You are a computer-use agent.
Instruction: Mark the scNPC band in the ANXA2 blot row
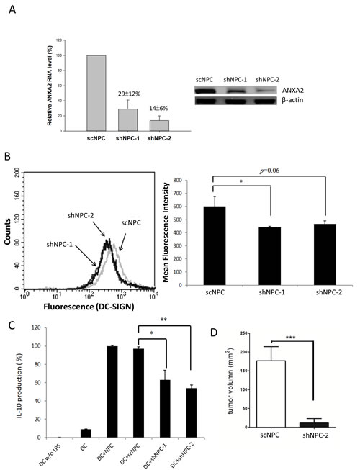point(208,91)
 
